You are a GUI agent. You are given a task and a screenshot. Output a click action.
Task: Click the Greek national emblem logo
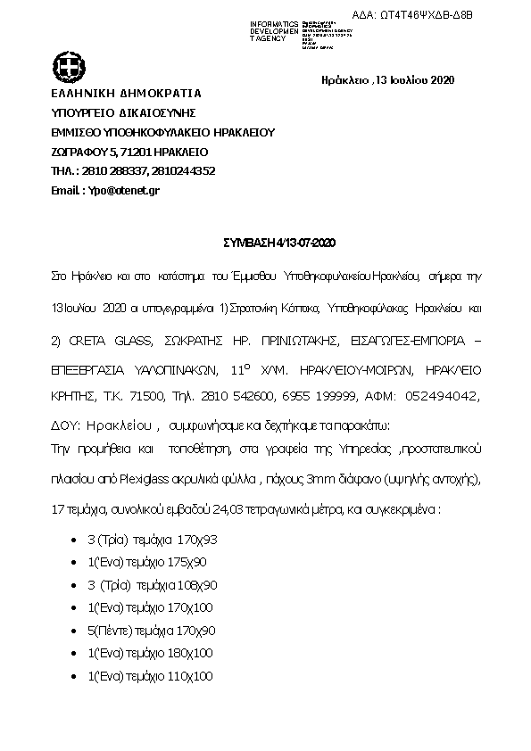coord(67,66)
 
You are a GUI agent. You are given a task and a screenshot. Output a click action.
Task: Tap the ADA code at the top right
coord(443,14)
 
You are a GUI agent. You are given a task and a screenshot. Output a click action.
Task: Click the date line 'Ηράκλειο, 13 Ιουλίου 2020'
coord(388,80)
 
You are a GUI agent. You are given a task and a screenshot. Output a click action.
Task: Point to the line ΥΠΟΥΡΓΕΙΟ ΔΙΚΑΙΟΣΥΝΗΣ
coord(123,112)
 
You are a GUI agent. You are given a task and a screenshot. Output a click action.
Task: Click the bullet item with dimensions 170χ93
coord(145,540)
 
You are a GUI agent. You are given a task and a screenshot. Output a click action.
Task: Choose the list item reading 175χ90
coord(145,563)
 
